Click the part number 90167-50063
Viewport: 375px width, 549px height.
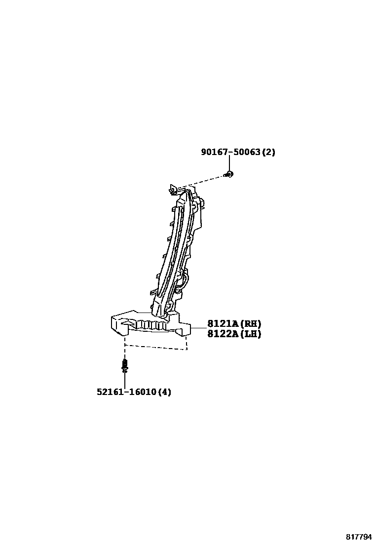point(230,152)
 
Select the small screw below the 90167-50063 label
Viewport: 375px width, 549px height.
point(228,174)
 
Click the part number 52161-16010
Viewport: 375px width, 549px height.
point(126,392)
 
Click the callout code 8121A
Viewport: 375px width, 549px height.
point(223,324)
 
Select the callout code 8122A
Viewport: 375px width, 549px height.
point(223,334)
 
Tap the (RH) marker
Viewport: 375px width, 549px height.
point(251,324)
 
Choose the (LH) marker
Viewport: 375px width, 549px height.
point(251,334)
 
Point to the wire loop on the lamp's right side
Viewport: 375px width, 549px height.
point(184,283)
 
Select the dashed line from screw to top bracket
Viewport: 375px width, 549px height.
point(202,181)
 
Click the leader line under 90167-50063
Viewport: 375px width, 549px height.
point(229,164)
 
